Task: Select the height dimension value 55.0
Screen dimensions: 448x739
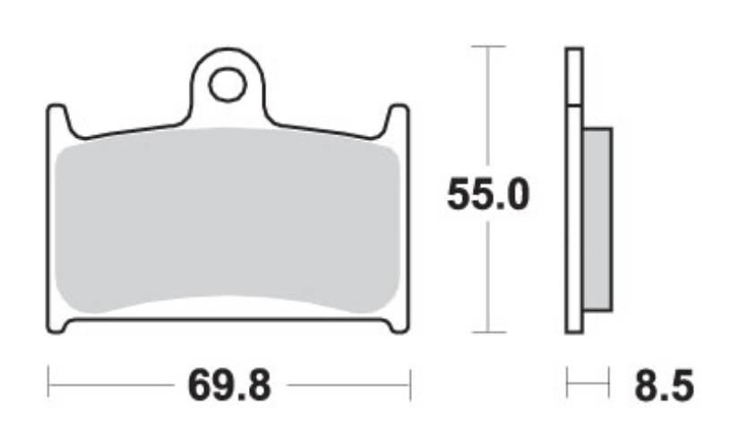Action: click(488, 194)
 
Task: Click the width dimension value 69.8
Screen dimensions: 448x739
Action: click(228, 387)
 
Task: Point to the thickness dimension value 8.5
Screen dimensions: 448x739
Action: click(664, 387)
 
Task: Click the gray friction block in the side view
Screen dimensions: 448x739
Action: click(597, 220)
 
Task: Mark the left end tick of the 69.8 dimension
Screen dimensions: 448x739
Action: click(47, 386)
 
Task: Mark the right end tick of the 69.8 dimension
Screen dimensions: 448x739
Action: click(409, 386)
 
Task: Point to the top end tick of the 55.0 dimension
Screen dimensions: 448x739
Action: click(487, 46)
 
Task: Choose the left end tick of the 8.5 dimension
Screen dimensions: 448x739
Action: click(567, 386)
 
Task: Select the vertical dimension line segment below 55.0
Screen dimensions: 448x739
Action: click(487, 278)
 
